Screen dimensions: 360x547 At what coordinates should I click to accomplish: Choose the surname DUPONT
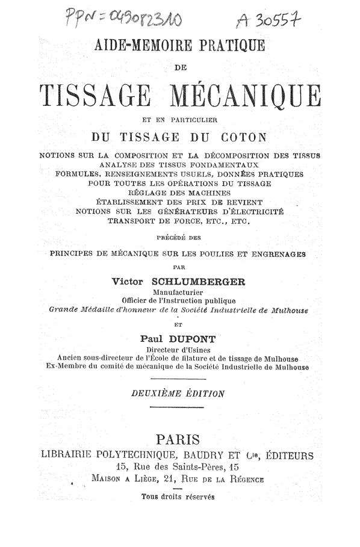(195, 338)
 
